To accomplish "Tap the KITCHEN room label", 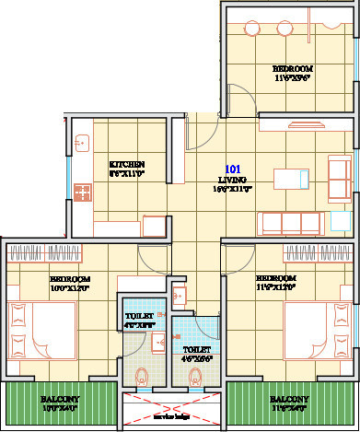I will tap(127, 165).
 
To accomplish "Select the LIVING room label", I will tap(232, 182).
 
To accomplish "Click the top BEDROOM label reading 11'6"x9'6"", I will tap(293, 69).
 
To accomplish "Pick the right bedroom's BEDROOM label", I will tap(276, 278).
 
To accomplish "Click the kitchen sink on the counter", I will tap(81, 144).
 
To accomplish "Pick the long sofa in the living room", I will tap(292, 223).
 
